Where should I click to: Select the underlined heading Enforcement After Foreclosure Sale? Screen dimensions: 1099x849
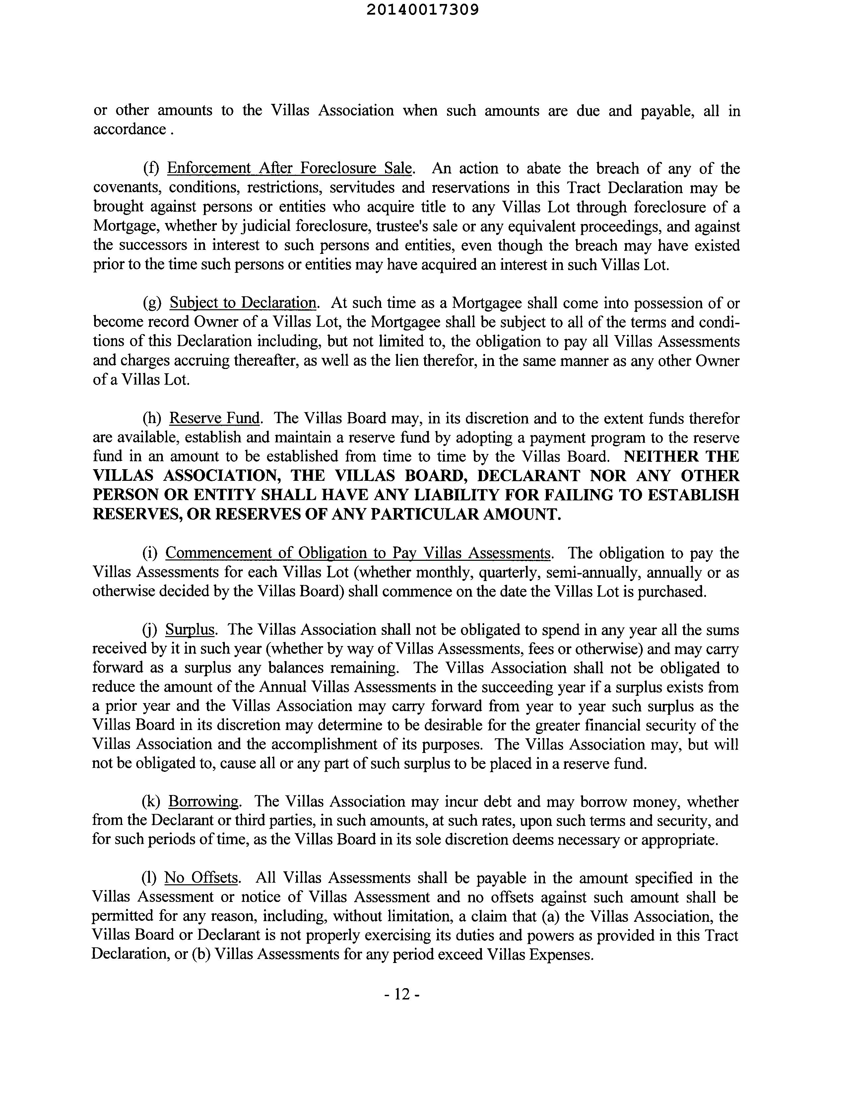point(290,168)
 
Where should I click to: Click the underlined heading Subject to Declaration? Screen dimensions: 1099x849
point(243,303)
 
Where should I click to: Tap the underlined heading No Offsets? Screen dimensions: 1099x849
point(201,878)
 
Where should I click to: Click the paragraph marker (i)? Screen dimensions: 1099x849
point(150,553)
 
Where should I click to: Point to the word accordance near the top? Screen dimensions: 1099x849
point(129,129)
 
